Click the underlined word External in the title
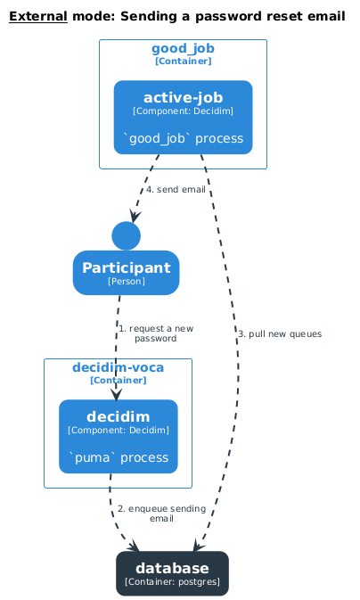click(x=37, y=16)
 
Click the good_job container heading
click(x=183, y=48)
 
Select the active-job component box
click(x=183, y=117)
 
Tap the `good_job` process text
click(x=183, y=138)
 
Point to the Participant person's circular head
click(x=126, y=235)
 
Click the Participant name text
click(x=126, y=267)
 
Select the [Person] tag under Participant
click(x=126, y=281)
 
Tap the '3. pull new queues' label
click(x=279, y=333)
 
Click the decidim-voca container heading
click(x=119, y=367)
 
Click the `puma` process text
click(x=119, y=457)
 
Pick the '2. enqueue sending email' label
click(x=161, y=513)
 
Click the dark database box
click(x=172, y=573)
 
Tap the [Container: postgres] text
click(x=172, y=581)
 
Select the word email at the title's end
click(x=325, y=16)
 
